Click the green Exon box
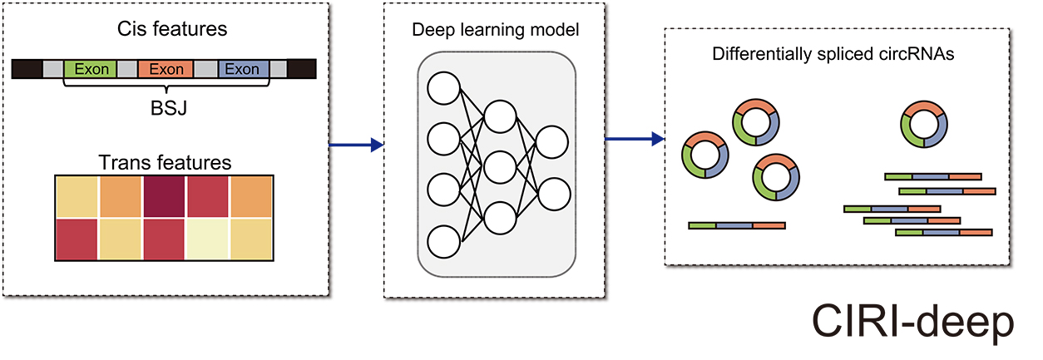pos(91,69)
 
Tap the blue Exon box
pos(242,69)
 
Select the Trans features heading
pos(165,160)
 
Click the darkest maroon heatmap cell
pos(164,196)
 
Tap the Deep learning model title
pos(497,31)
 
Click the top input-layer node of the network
pos(442,89)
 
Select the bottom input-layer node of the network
pos(442,241)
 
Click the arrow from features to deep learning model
pos(356,146)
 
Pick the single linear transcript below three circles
pos(737,225)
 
